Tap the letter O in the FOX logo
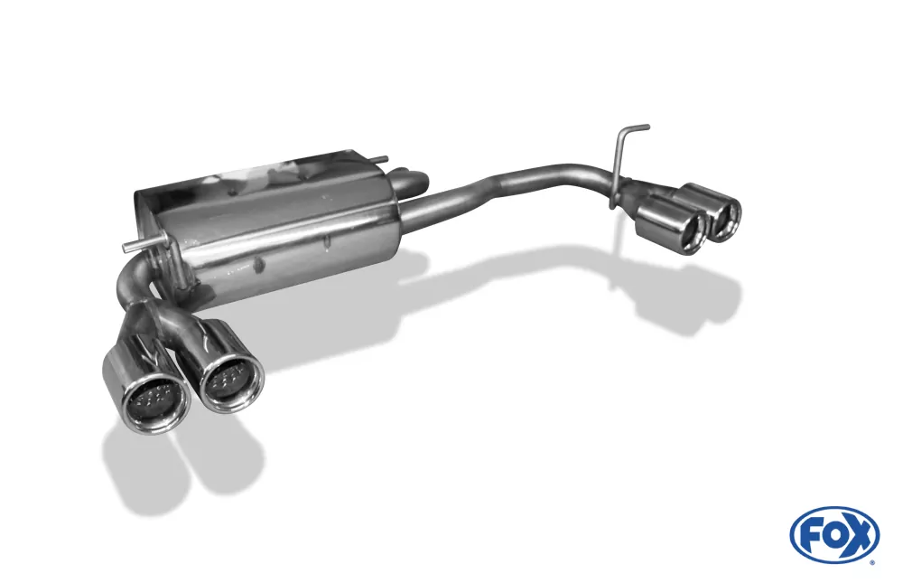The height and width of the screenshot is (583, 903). pyautogui.click(x=833, y=534)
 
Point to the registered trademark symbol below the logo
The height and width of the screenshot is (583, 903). pyautogui.click(x=872, y=561)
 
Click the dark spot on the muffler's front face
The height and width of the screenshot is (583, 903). pyautogui.click(x=258, y=263)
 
